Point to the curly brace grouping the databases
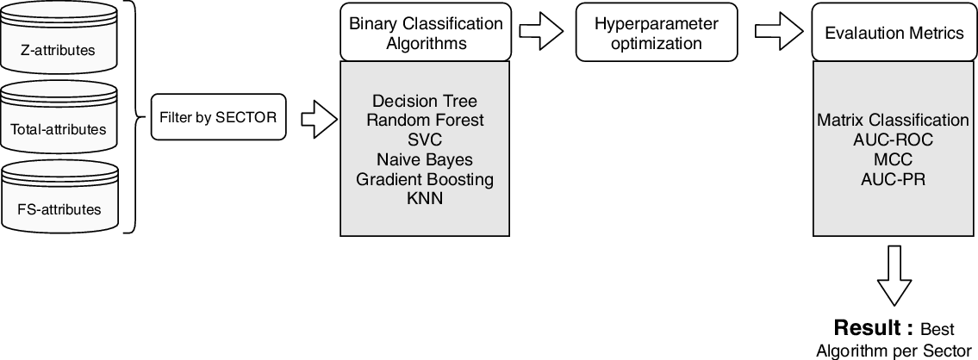point(134,118)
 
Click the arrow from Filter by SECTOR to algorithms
point(314,118)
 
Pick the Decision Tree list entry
point(424,101)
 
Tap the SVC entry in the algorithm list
point(424,140)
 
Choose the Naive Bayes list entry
point(424,159)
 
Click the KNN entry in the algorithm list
point(424,199)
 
